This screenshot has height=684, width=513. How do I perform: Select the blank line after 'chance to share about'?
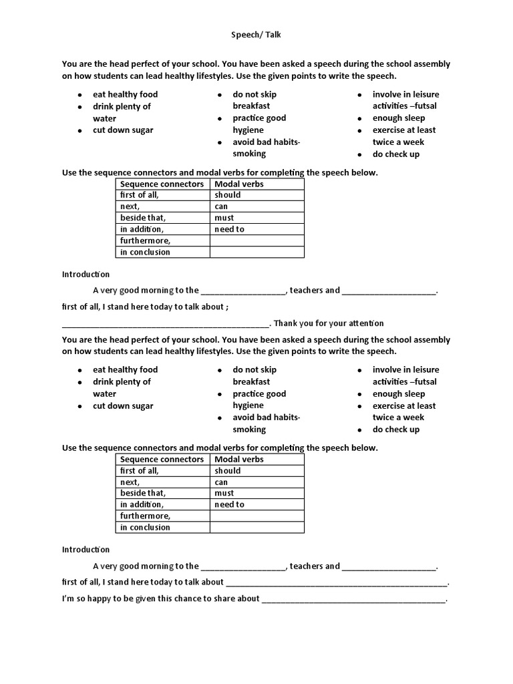click(353, 600)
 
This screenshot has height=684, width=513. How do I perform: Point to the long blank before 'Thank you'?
click(166, 325)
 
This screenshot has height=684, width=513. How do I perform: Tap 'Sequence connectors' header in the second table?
click(162, 459)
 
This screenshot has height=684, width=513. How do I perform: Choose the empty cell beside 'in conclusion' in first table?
click(256, 252)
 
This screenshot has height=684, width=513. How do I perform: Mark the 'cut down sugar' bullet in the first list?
click(123, 130)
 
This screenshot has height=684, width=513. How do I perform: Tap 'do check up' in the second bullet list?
click(396, 430)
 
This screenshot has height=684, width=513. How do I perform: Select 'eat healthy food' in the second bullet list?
click(126, 369)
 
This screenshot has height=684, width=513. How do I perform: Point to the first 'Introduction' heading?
click(85, 275)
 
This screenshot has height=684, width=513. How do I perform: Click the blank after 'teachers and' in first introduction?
click(389, 291)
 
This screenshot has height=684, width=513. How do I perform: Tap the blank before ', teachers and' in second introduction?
click(243, 567)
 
